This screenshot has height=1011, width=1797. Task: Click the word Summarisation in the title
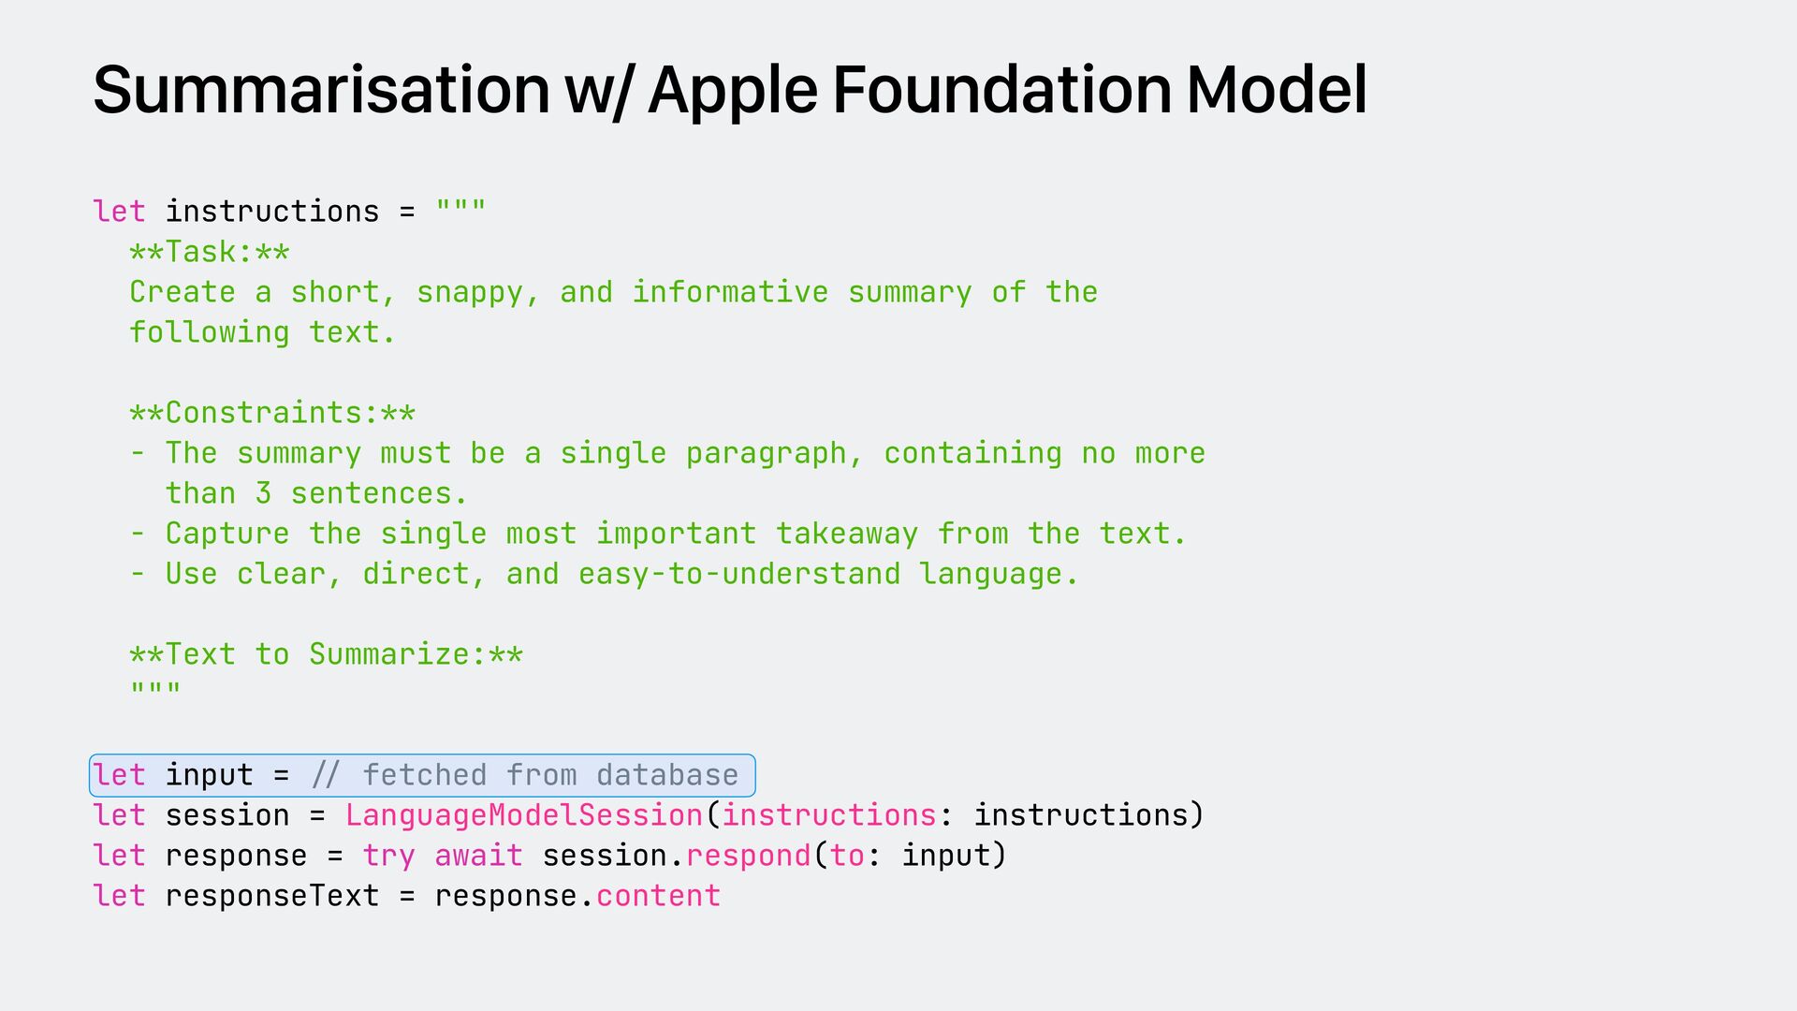pos(321,91)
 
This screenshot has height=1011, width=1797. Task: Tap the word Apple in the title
pos(732,91)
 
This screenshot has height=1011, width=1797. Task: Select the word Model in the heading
pos(1277,91)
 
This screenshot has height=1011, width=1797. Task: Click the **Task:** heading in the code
pos(210,252)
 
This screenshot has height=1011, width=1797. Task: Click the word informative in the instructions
pos(730,292)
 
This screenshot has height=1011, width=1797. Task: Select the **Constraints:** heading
pos(272,413)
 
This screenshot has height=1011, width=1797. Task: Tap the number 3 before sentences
pos(263,493)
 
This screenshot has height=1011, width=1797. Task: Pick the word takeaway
pos(846,534)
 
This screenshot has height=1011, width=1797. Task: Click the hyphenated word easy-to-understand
pos(739,574)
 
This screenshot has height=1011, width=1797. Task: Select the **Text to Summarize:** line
pos(326,654)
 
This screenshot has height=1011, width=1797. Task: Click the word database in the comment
pos(667,775)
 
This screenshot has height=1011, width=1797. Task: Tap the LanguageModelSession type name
pos(524,815)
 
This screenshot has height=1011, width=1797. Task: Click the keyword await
pos(478,856)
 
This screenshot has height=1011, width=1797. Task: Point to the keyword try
pos(388,856)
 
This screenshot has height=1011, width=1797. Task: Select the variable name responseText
pos(272,896)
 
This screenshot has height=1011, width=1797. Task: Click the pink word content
pos(658,896)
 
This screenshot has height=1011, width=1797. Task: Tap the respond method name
pos(748,856)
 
